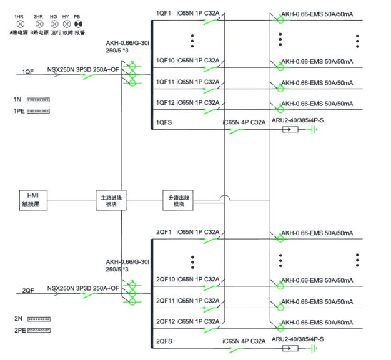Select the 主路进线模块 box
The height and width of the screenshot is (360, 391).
(108, 200)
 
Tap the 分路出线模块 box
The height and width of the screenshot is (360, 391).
(179, 200)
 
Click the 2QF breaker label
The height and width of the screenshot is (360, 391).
(28, 291)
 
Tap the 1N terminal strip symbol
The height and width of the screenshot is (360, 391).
(38, 99)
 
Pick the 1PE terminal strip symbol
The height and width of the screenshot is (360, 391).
(38, 111)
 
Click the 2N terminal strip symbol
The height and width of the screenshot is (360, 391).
(38, 318)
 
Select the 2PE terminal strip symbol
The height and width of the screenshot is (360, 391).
(38, 330)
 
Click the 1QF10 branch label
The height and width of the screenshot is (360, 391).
(165, 61)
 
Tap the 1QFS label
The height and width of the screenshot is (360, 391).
(164, 122)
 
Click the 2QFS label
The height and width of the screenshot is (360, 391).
(164, 341)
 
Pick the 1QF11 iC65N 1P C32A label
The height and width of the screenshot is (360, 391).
(187, 82)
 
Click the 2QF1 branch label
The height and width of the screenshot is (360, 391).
(164, 232)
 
